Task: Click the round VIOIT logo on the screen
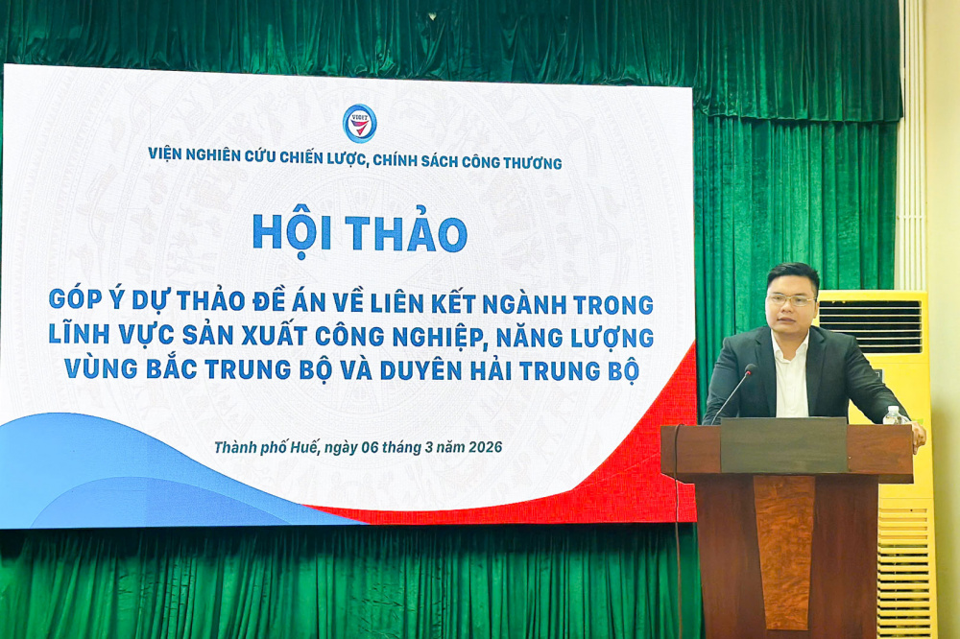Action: click(x=360, y=123)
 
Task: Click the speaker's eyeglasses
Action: click(x=791, y=300)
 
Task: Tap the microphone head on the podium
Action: click(x=751, y=369)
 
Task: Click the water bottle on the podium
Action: click(x=892, y=414)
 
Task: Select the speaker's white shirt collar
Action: click(x=790, y=345)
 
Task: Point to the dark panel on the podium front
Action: click(x=783, y=445)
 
